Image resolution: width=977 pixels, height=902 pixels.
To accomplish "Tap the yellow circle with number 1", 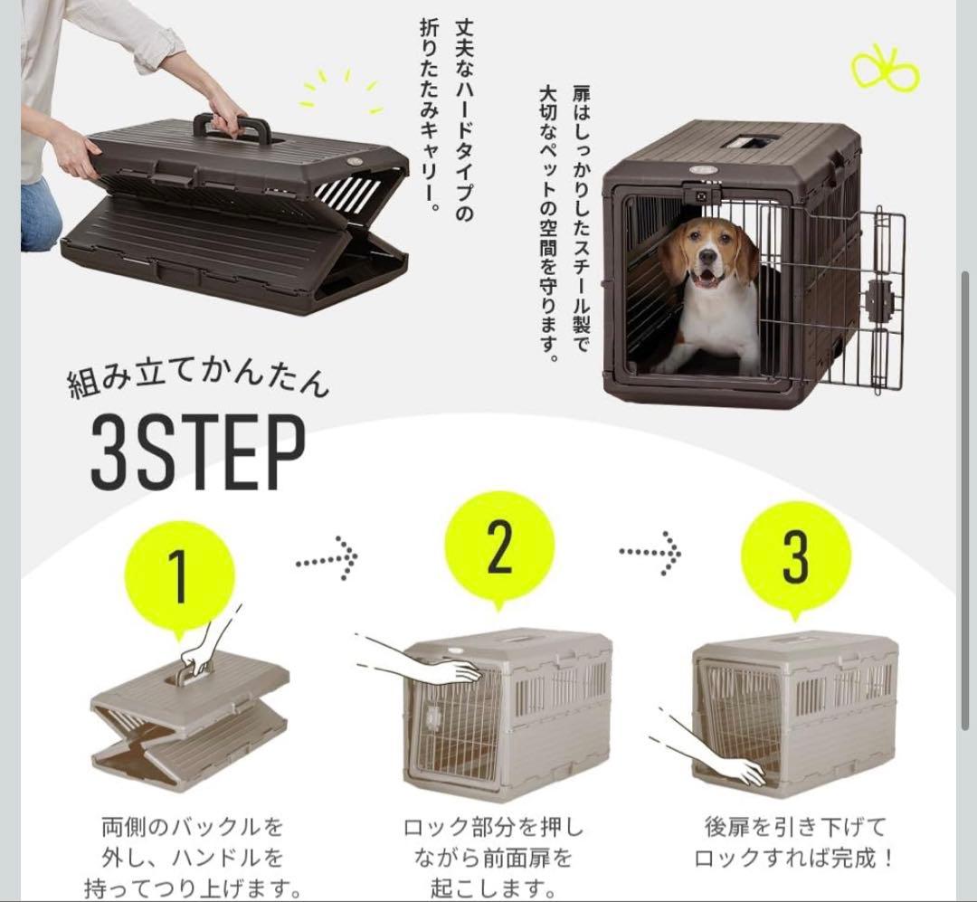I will (x=180, y=575).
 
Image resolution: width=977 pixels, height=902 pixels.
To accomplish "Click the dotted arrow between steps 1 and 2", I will (x=327, y=561).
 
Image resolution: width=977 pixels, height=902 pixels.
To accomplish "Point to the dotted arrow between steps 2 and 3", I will (x=650, y=549).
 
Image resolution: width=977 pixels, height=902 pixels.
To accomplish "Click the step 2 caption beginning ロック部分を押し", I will (x=493, y=856).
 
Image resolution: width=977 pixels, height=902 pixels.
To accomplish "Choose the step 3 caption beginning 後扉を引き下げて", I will (x=795, y=841).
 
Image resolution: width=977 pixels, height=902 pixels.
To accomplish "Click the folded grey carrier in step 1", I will (x=190, y=724).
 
